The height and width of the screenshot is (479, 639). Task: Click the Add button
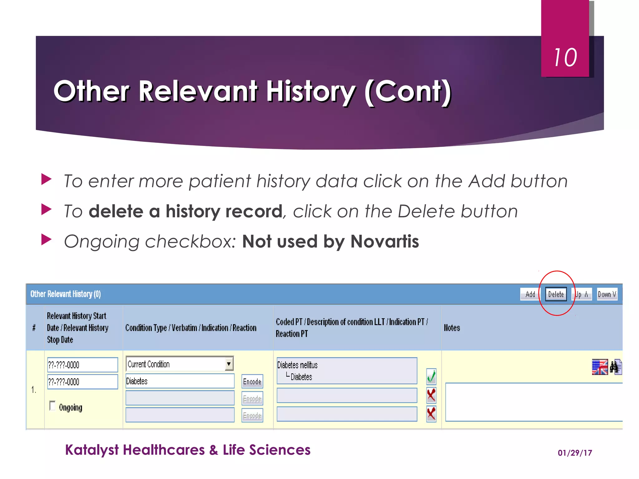click(x=530, y=294)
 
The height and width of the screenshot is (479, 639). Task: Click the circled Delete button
click(x=556, y=294)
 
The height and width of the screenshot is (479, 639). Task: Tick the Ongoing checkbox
click(x=52, y=406)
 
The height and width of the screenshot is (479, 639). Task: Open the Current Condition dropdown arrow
click(x=229, y=364)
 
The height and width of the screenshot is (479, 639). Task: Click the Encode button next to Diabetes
click(x=252, y=381)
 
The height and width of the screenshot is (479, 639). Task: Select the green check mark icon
click(x=431, y=377)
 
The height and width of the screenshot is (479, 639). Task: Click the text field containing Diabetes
click(x=180, y=381)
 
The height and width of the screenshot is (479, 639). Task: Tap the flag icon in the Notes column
click(x=599, y=367)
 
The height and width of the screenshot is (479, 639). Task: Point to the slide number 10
click(x=565, y=58)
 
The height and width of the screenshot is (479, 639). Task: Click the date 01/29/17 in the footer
click(x=575, y=453)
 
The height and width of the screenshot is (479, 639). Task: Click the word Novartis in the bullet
click(x=384, y=241)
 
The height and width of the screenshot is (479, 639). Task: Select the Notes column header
click(x=452, y=328)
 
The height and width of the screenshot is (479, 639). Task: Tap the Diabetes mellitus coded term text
click(x=297, y=365)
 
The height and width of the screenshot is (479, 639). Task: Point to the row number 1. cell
click(x=34, y=389)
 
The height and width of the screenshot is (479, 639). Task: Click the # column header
click(x=34, y=328)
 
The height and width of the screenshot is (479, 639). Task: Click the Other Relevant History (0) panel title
click(x=66, y=294)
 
